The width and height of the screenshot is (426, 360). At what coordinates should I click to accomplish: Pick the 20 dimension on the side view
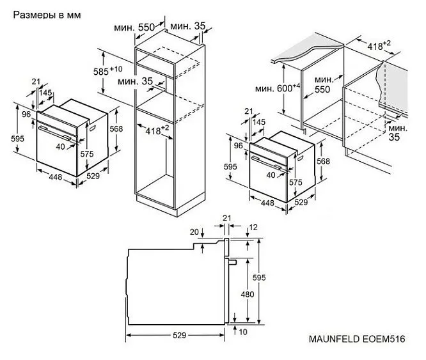tap(194, 232)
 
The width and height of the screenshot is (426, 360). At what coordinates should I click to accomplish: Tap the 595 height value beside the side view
tap(267, 277)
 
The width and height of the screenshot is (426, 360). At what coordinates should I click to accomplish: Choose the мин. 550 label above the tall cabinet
tap(135, 28)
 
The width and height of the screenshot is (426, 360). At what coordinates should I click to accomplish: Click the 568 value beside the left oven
tap(116, 129)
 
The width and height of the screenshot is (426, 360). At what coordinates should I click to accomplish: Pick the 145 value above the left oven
tap(45, 93)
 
